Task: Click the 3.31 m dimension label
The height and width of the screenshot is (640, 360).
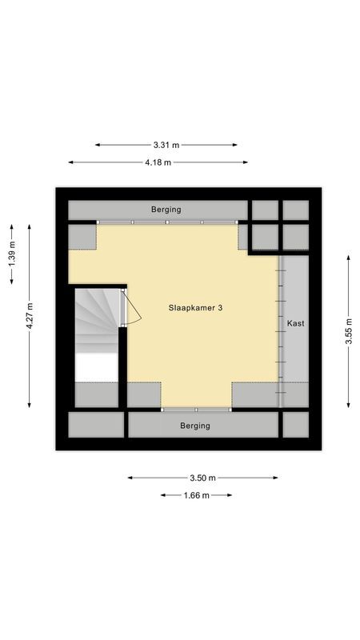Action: pyautogui.click(x=166, y=145)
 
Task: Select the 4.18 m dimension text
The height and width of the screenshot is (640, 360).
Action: pyautogui.click(x=158, y=162)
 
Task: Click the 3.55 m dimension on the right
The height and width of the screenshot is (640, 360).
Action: pyautogui.click(x=348, y=330)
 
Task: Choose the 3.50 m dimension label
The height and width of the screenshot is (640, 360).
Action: pyautogui.click(x=202, y=478)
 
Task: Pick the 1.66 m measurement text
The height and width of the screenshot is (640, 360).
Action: pyautogui.click(x=196, y=495)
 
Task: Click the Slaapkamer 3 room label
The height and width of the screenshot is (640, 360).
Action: pyautogui.click(x=196, y=307)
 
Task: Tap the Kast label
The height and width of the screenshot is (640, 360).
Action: pyautogui.click(x=295, y=323)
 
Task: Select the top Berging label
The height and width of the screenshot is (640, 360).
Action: pyautogui.click(x=166, y=210)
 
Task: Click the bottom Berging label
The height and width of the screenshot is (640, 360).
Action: pyautogui.click(x=195, y=426)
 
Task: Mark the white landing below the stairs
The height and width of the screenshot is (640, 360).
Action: pyautogui.click(x=95, y=368)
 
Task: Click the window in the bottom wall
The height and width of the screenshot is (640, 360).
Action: pyautogui.click(x=196, y=410)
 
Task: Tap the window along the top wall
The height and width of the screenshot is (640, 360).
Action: pyautogui.click(x=167, y=222)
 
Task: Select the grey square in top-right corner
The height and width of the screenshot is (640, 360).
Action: pyautogui.click(x=295, y=210)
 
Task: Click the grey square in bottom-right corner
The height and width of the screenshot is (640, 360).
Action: pyautogui.click(x=295, y=425)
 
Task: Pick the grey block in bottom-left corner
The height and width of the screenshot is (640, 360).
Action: pyautogui.click(x=95, y=425)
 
